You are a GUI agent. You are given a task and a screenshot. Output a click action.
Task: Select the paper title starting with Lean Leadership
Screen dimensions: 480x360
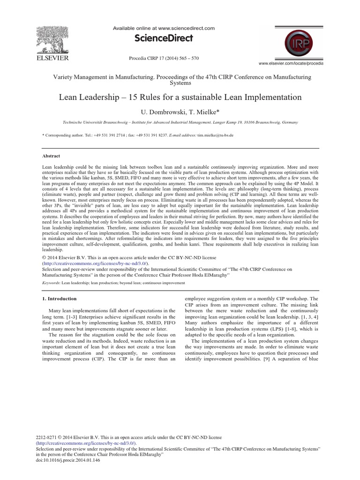[180, 97]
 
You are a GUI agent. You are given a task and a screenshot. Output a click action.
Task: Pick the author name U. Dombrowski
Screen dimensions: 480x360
[162, 112]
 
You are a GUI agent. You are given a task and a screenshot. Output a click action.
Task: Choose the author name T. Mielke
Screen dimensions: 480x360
[200, 112]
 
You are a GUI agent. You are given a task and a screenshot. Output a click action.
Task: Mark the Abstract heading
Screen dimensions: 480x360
[52, 157]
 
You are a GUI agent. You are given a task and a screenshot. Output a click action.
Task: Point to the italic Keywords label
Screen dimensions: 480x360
[52, 283]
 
